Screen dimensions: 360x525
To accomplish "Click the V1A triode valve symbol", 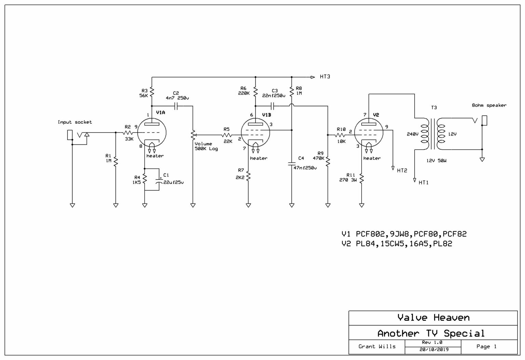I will click(151, 133).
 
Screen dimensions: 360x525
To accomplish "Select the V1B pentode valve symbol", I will click(255, 133).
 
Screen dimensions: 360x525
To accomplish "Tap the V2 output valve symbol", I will click(368, 133).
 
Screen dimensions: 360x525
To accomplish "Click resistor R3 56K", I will click(152, 92).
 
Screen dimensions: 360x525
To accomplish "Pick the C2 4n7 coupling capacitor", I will click(176, 106).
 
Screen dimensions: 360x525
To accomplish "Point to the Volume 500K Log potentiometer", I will click(193, 135).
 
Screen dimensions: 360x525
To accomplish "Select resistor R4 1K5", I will click(145, 178).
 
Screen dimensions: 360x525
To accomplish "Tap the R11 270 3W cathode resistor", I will click(362, 178).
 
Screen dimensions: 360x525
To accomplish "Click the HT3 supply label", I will click(325, 77).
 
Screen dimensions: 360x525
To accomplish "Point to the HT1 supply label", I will click(423, 183).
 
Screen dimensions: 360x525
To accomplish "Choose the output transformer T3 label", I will click(434, 108).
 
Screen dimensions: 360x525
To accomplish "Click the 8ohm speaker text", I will click(489, 106).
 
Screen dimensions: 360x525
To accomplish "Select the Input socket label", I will click(75, 122).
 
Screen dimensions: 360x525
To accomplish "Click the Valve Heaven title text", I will click(433, 318).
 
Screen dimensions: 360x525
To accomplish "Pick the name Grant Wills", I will click(377, 346).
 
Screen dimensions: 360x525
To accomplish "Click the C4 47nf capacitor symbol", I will click(292, 164).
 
